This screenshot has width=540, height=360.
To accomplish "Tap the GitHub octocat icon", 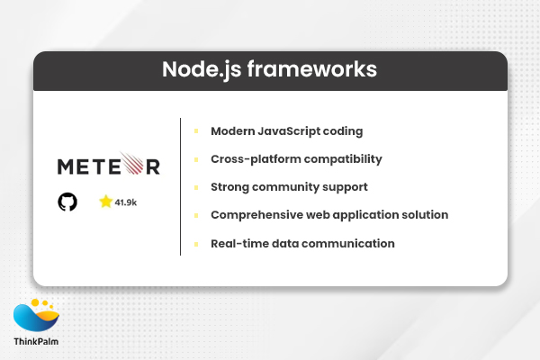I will (x=67, y=202).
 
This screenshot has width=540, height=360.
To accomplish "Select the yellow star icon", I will (x=106, y=202).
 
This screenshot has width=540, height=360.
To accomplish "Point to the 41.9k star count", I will (x=126, y=202).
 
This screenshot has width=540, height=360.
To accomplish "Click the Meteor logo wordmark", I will (x=108, y=166).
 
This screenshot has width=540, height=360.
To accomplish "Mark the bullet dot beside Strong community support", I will (x=196, y=186).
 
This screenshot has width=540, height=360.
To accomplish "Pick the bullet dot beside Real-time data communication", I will (x=196, y=243).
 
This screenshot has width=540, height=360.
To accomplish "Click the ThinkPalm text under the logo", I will (x=37, y=342).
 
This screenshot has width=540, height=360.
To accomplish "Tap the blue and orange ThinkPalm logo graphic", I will (x=37, y=316).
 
